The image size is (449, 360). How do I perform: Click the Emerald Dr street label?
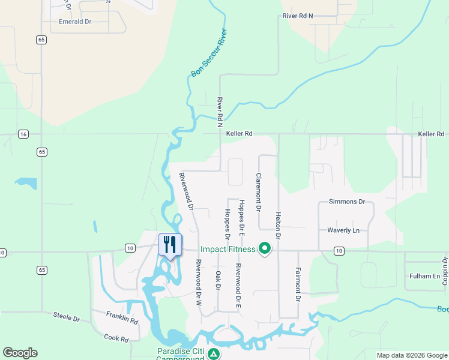74,21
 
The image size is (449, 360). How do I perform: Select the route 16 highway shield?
23,134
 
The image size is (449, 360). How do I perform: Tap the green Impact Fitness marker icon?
263,248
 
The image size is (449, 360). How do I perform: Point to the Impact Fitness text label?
228,249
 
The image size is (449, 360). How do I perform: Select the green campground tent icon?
214,355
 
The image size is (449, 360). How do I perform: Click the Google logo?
20,353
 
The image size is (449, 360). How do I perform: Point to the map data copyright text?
412,355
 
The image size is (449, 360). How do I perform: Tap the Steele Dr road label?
66,317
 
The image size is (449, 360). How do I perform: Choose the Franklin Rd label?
122,317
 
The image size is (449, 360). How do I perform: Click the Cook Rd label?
116,338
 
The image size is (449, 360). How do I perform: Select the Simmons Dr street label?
346,202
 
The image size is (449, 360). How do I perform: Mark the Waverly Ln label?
343,230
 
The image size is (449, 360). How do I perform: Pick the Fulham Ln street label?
423,276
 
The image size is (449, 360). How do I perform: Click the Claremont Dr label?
258,193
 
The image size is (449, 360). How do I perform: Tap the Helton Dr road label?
278,226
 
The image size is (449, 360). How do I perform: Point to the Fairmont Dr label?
297,284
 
